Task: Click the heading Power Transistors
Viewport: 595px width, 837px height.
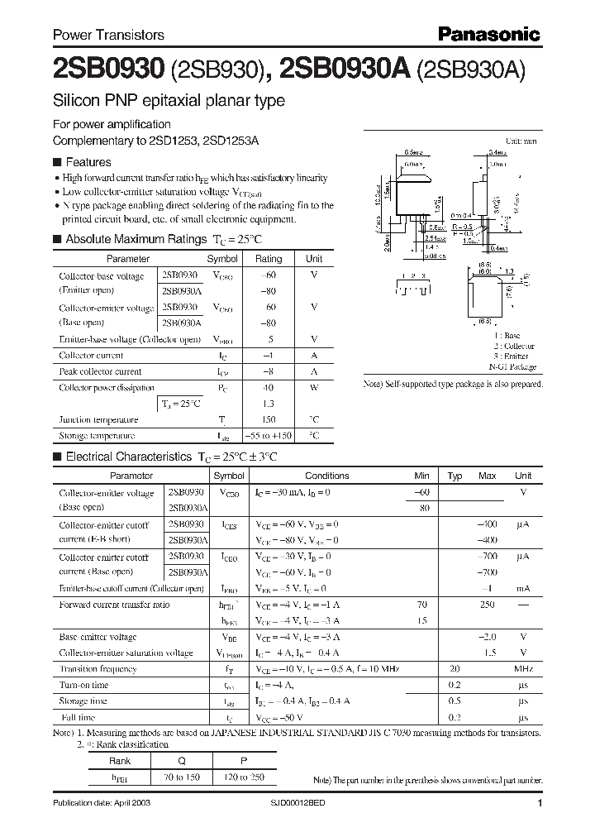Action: click(108, 35)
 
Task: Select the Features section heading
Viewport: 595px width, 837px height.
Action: click(88, 162)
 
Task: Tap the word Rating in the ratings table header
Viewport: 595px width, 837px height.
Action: click(269, 258)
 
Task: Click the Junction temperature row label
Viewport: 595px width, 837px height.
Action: click(97, 419)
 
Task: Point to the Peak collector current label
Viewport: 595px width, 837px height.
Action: click(100, 371)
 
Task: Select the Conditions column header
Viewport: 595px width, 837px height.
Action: click(326, 476)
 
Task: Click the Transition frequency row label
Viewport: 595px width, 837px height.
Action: click(98, 668)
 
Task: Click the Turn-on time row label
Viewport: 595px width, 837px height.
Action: click(83, 685)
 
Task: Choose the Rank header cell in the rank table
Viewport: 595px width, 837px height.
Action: click(121, 761)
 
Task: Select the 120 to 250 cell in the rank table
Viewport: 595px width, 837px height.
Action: click(237, 777)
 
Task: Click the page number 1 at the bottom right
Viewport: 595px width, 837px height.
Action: click(539, 803)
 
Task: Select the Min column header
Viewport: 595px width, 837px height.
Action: click(421, 476)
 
